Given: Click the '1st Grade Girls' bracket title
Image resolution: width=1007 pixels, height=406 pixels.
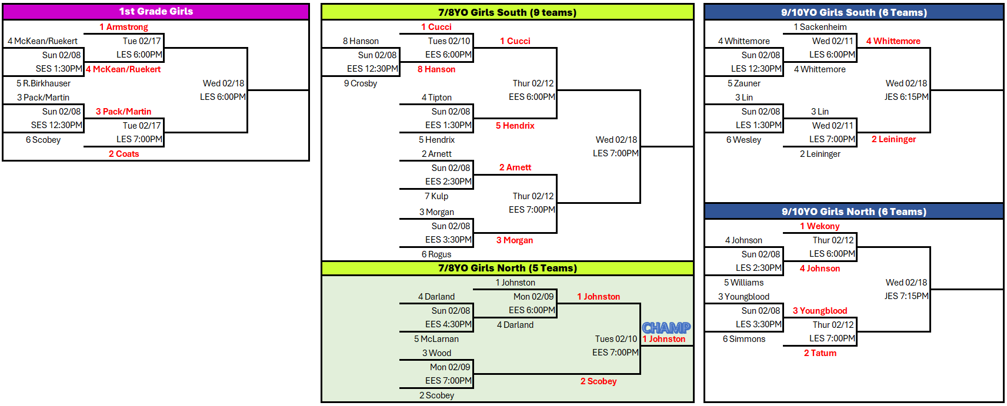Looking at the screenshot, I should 156,11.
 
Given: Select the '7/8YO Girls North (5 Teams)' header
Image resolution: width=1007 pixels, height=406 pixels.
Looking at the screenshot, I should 507,268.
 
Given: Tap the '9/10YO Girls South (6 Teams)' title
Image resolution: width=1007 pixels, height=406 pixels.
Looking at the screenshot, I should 853,12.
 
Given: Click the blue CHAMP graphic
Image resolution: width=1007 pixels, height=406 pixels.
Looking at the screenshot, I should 666,327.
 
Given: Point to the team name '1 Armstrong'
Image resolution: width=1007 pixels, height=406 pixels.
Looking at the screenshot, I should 124,27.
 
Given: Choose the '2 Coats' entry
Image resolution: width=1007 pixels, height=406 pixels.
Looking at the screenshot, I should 124,154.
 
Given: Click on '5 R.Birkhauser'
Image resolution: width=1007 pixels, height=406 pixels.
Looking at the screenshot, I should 44,83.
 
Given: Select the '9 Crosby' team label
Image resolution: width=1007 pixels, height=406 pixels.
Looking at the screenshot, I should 360,83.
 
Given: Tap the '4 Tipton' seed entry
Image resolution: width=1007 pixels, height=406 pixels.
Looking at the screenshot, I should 436,98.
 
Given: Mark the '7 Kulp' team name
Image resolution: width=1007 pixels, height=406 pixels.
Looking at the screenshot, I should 436,196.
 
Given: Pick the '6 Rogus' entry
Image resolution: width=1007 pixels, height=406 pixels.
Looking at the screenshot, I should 436,254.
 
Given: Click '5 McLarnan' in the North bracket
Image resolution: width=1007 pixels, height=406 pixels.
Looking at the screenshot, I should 436,339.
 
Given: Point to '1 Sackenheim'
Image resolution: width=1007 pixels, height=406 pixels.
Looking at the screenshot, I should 820,27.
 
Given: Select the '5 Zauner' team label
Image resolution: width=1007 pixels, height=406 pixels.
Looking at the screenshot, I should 743,83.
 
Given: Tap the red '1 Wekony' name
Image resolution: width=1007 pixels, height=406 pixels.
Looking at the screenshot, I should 819,226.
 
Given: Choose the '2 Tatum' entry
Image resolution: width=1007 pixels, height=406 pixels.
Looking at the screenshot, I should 820,353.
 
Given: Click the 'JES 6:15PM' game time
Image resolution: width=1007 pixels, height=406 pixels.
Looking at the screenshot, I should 906,97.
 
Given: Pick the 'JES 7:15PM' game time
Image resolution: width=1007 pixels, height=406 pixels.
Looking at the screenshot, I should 906,296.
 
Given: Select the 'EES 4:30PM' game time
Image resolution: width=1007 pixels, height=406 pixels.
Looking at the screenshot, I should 448,324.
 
